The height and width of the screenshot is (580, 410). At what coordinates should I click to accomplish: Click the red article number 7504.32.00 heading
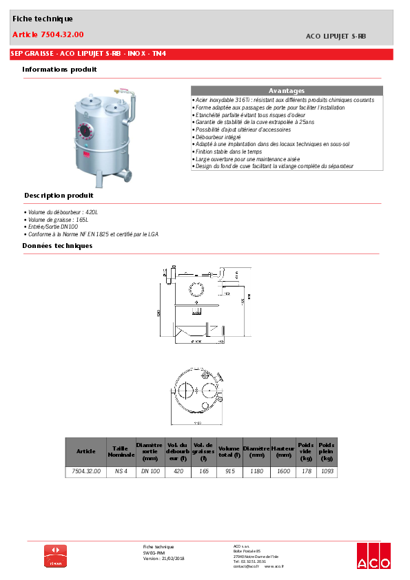[x=48, y=34]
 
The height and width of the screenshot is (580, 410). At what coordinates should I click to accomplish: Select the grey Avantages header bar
[x=286, y=91]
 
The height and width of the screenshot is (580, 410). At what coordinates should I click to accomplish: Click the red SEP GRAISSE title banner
[x=90, y=54]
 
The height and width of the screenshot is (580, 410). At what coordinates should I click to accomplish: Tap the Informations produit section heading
[x=59, y=70]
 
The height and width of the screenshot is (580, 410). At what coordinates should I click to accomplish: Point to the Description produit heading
[x=59, y=196]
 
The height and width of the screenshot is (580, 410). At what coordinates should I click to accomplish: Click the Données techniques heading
[x=57, y=246]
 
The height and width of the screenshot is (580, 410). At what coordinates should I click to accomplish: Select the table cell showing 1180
[x=256, y=472]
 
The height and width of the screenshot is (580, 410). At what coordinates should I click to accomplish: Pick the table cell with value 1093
[x=327, y=472]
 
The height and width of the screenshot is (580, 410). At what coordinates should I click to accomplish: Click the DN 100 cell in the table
[x=150, y=472]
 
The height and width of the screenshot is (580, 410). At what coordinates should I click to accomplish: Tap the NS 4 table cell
[x=121, y=472]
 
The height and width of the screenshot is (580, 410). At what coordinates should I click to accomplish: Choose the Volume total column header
[x=229, y=451]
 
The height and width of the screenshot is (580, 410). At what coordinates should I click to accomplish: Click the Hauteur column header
[x=283, y=451]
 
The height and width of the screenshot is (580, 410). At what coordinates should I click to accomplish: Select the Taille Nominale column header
[x=121, y=451]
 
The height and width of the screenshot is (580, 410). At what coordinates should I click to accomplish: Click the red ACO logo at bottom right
[x=373, y=557]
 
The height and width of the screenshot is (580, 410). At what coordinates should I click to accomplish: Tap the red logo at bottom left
[x=56, y=556]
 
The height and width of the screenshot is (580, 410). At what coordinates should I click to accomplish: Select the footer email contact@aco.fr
[x=246, y=566]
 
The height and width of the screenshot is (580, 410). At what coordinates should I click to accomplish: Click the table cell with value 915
[x=229, y=472]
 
